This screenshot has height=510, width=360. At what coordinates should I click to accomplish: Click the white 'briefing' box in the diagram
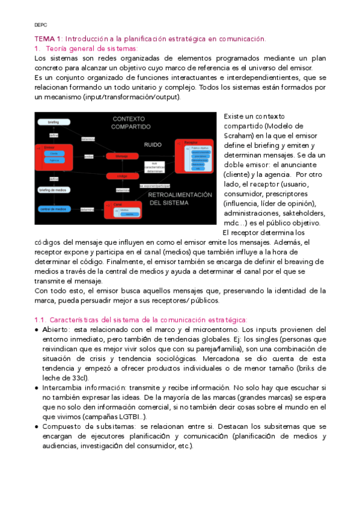54,121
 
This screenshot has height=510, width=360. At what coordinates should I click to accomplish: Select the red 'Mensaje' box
122,156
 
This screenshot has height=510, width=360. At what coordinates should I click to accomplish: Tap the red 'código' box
122,176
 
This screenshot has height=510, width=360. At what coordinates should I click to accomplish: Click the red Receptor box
194,156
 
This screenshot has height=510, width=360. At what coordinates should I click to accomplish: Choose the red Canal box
124,209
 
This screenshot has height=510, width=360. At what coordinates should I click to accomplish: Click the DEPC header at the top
41,25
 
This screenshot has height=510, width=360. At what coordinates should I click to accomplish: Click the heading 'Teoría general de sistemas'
91,48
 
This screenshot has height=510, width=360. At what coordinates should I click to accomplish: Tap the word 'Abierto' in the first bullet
55,330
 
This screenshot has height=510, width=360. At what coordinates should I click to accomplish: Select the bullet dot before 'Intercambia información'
37,388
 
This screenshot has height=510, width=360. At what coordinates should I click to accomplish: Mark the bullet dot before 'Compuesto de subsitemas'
37,426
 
